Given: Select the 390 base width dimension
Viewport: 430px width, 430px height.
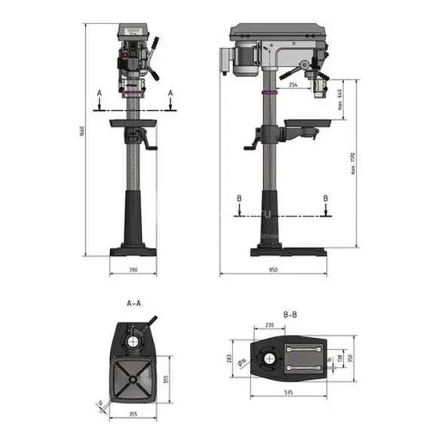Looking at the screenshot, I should [133, 269].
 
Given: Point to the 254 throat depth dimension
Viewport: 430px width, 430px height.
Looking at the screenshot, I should [293, 87].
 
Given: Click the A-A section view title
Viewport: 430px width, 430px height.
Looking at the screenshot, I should [134, 304].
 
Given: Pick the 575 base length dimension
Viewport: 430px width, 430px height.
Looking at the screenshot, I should [289, 393].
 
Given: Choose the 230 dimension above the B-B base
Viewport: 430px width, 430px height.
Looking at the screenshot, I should [271, 326].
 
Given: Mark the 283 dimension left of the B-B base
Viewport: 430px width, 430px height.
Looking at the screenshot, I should [228, 359].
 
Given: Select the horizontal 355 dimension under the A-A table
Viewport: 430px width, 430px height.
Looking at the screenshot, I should [133, 414].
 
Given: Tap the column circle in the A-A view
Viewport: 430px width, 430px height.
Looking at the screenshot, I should [133, 341].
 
